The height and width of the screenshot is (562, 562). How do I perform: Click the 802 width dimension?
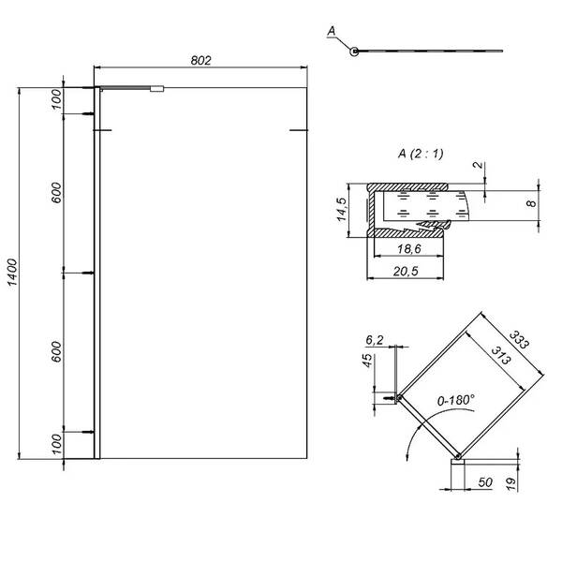(201, 60)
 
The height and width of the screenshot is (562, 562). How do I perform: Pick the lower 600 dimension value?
(57, 352)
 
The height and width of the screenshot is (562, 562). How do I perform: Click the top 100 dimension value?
(57, 99)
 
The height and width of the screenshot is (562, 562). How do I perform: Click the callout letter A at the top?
(333, 32)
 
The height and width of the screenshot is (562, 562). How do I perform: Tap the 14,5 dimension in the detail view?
(344, 212)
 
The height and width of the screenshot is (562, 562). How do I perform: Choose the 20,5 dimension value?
(405, 271)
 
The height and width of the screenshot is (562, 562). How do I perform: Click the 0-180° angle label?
(454, 399)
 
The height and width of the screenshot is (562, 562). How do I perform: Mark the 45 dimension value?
(367, 362)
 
